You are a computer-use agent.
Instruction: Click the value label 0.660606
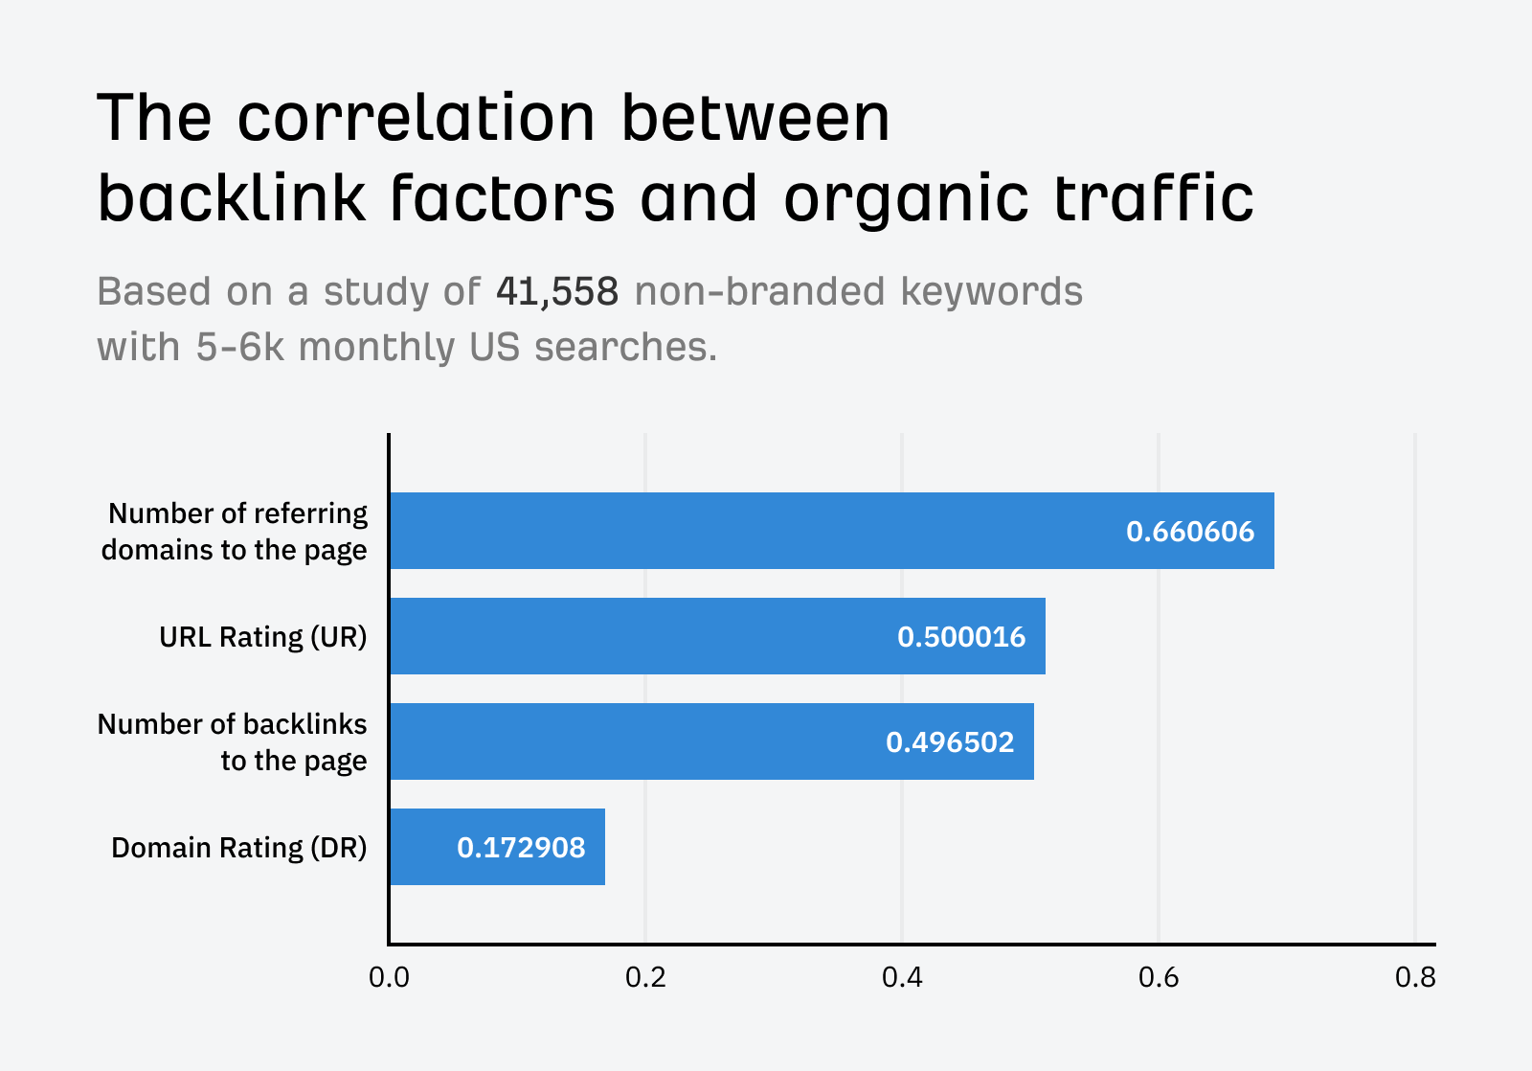[1189, 532]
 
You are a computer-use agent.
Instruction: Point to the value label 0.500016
[960, 637]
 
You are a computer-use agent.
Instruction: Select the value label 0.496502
[949, 742]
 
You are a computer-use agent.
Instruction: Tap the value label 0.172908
[520, 848]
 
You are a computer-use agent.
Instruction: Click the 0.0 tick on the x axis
[389, 977]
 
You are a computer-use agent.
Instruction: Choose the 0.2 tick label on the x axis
[645, 977]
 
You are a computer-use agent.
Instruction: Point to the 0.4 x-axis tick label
[902, 977]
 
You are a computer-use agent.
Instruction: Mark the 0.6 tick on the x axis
[1159, 977]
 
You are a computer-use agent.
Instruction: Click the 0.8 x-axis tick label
[1414, 977]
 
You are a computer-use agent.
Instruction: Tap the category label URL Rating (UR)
[262, 637]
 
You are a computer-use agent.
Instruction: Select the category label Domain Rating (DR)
[238, 848]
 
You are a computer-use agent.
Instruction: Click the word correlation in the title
[416, 119]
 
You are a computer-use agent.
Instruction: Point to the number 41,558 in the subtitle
[556, 291]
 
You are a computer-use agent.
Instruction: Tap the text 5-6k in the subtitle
[239, 347]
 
